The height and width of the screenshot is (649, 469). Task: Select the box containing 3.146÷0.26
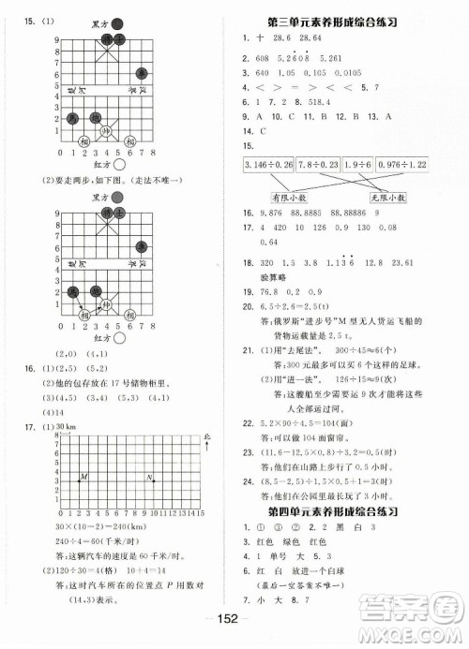pyautogui.click(x=266, y=166)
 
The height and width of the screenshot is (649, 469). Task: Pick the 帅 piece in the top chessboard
pyautogui.click(x=106, y=132)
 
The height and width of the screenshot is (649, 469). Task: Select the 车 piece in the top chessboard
pyautogui.click(x=141, y=72)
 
